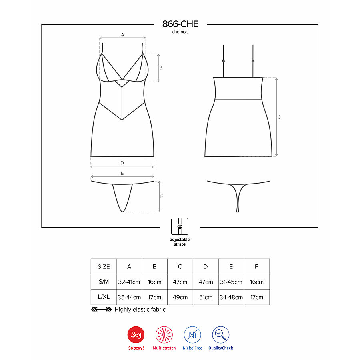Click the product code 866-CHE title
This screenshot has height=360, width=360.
[180, 24]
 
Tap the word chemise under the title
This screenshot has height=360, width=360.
[180, 32]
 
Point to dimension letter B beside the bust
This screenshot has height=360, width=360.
[161, 68]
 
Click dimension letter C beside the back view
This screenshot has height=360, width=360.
[279, 117]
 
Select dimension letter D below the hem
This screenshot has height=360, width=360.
[122, 163]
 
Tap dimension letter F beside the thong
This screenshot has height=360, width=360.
[162, 196]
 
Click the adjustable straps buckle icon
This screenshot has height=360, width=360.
[180, 226]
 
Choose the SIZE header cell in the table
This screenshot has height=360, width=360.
[104, 266]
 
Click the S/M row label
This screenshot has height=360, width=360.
[104, 282]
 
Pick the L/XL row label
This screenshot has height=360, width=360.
[104, 297]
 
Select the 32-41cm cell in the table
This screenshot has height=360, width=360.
[129, 282]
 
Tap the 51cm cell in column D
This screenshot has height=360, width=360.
[206, 297]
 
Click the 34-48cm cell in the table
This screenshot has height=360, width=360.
[231, 297]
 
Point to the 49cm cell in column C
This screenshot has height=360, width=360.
[180, 297]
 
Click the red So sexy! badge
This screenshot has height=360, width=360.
[136, 335]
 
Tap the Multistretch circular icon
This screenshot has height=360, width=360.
[164, 335]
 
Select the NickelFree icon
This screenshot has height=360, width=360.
[192, 335]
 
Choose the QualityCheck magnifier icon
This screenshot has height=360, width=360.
[220, 335]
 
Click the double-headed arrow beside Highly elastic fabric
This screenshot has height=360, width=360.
[101, 310]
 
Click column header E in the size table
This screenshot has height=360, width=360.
[231, 266]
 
